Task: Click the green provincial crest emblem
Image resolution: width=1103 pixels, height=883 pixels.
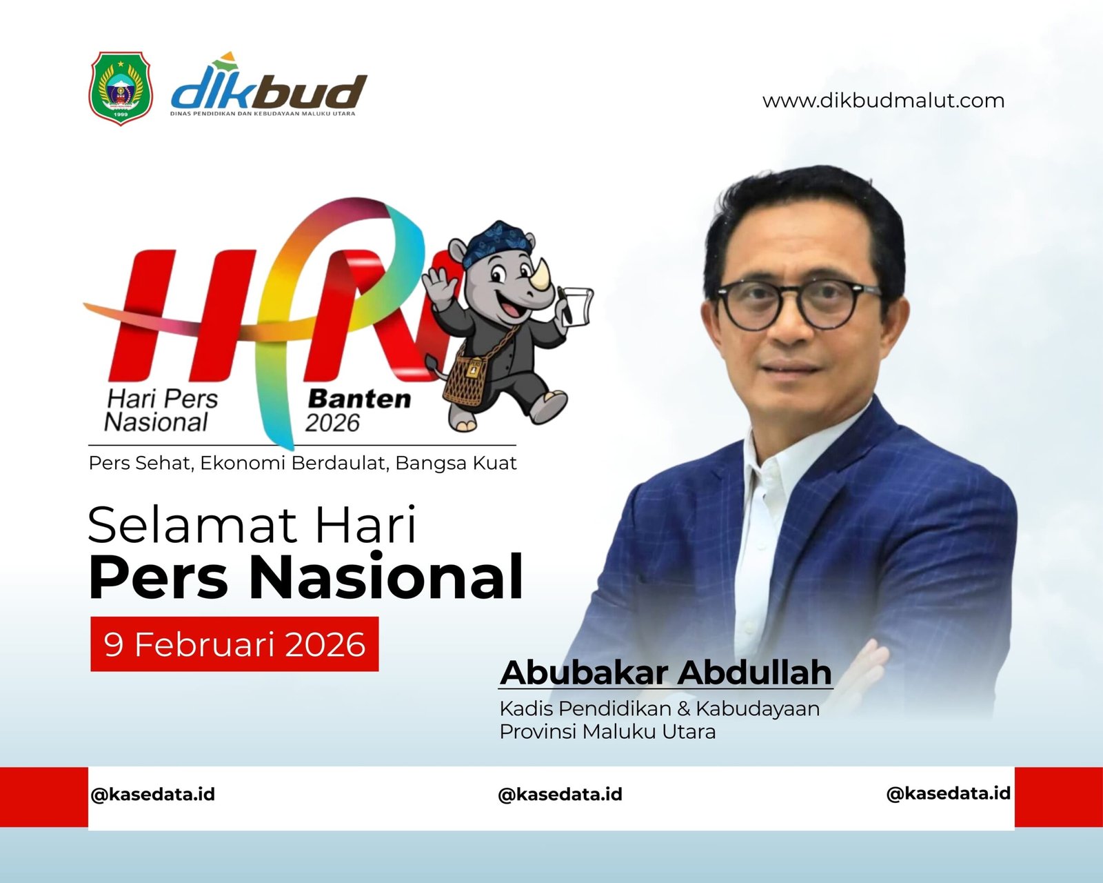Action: [121, 88]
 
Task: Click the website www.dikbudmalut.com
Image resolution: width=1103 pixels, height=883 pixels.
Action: [883, 101]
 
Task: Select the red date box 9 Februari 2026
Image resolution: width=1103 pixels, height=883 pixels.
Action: [235, 644]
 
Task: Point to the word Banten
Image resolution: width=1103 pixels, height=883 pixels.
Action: [359, 399]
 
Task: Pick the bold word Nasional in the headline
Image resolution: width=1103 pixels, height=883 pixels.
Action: [386, 576]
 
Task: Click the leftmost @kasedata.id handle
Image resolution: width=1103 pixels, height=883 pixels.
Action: [153, 794]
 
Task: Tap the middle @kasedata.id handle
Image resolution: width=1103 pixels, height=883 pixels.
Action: [560, 794]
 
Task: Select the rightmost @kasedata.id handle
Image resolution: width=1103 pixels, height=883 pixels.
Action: [949, 793]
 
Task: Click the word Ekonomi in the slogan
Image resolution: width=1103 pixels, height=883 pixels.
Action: [243, 463]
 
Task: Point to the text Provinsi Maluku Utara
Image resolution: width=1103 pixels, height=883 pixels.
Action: [608, 731]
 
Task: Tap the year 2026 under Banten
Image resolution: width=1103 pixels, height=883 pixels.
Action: [333, 424]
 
